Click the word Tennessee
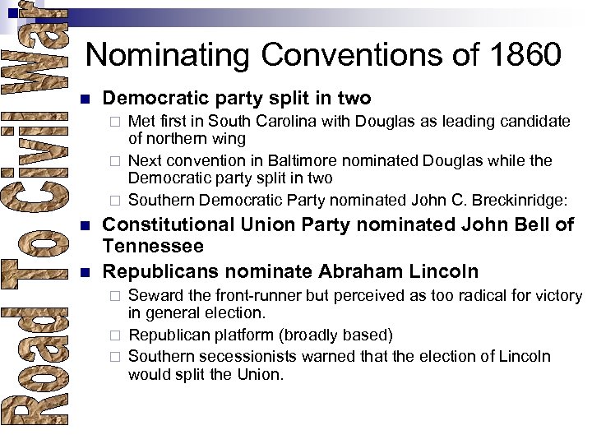[x=153, y=246]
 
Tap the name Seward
[x=155, y=295]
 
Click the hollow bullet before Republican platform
[x=116, y=335]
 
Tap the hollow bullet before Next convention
[x=116, y=161]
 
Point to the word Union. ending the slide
[x=260, y=375]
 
